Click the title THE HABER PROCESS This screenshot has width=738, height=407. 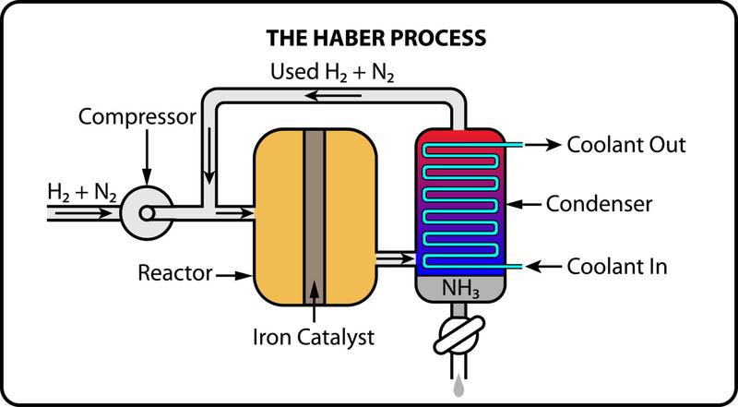click(376, 38)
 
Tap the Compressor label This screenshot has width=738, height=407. click(137, 117)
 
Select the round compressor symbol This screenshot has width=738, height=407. click(147, 213)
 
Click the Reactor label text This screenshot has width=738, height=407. click(175, 273)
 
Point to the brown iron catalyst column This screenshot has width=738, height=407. click(315, 217)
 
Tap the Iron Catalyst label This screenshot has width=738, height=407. click(314, 337)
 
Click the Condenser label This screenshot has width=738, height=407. click(599, 205)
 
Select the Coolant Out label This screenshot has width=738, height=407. click(626, 145)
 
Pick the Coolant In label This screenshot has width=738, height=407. click(617, 267)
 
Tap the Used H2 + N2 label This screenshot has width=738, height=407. click(332, 72)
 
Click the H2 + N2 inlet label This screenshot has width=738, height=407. click(82, 193)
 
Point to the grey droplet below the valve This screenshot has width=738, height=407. click(458, 388)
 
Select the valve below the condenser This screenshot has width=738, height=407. click(458, 335)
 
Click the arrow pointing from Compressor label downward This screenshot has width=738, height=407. click(147, 157)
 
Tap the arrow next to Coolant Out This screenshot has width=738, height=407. click(542, 145)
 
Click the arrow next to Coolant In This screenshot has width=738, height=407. click(543, 267)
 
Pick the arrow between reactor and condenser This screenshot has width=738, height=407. click(396, 258)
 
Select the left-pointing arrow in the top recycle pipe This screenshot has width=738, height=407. click(333, 96)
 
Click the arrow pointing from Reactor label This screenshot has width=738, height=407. click(233, 275)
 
